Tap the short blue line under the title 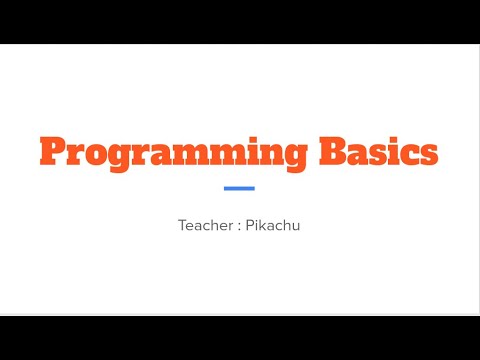(239, 188)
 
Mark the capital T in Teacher (183, 225)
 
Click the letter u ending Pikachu (296, 226)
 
